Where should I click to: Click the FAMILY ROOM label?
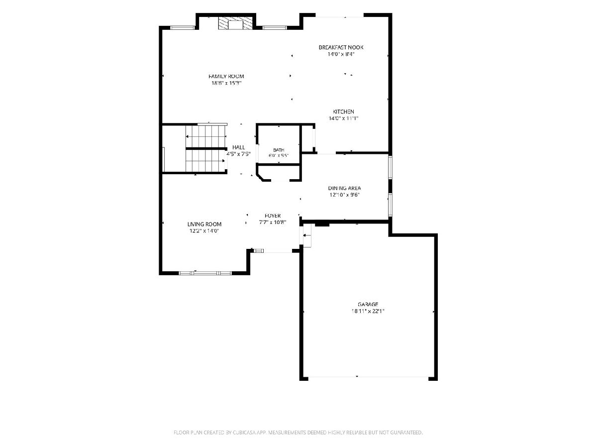(x=226, y=77)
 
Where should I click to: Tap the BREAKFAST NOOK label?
(x=341, y=47)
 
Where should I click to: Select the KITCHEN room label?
(x=343, y=112)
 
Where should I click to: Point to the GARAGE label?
(x=368, y=304)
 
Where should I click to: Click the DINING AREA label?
(x=344, y=188)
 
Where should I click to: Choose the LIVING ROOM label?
(x=204, y=224)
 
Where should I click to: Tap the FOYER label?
(x=273, y=216)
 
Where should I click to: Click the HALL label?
(x=238, y=147)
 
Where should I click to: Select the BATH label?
(x=279, y=150)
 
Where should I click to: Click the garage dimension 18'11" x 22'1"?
(x=368, y=311)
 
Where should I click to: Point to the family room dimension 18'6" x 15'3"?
(x=226, y=83)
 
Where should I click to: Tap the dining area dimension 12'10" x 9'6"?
(x=345, y=195)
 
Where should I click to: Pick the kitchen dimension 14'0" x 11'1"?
(x=343, y=118)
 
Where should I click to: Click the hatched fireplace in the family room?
(x=235, y=24)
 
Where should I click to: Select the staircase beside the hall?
(x=206, y=148)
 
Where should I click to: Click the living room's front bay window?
(x=205, y=273)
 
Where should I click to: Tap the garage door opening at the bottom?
(x=368, y=377)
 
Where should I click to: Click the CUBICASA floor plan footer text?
(x=298, y=432)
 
